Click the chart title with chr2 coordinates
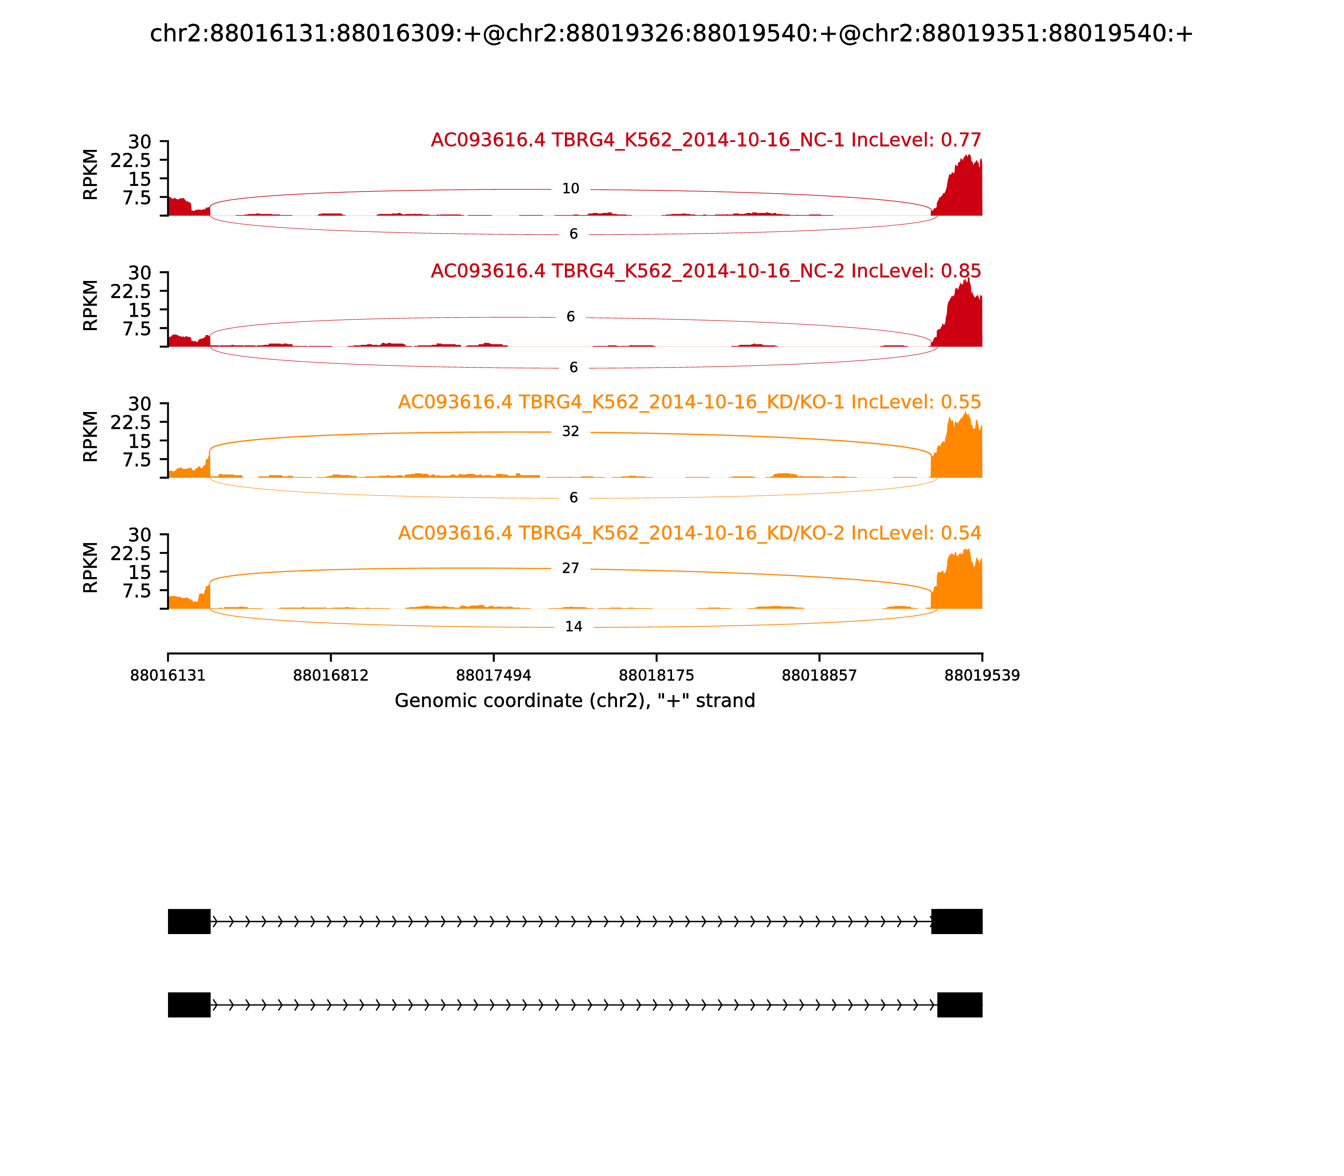pyautogui.click(x=671, y=34)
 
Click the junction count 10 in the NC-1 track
pyautogui.click(x=570, y=189)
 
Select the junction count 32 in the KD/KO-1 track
pyautogui.click(x=570, y=431)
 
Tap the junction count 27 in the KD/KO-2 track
pyautogui.click(x=570, y=568)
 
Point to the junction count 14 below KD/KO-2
pyautogui.click(x=574, y=627)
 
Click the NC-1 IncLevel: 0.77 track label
pyautogui.click(x=706, y=140)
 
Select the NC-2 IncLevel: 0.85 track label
pyautogui.click(x=706, y=271)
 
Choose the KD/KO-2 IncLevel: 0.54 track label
pyautogui.click(x=689, y=533)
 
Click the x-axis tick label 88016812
pyautogui.click(x=331, y=675)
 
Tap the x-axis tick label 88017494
pyautogui.click(x=493, y=675)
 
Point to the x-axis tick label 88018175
pyautogui.click(x=656, y=675)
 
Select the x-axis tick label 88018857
pyautogui.click(x=819, y=675)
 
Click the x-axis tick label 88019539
pyautogui.click(x=982, y=675)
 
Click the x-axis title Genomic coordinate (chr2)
pyautogui.click(x=575, y=701)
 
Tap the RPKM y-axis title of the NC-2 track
pyautogui.click(x=91, y=305)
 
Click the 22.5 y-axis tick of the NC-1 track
pyautogui.click(x=131, y=160)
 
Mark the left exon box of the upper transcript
pyautogui.click(x=189, y=921)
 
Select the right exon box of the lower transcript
pyautogui.click(x=959, y=1005)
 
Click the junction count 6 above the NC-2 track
pyautogui.click(x=570, y=317)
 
